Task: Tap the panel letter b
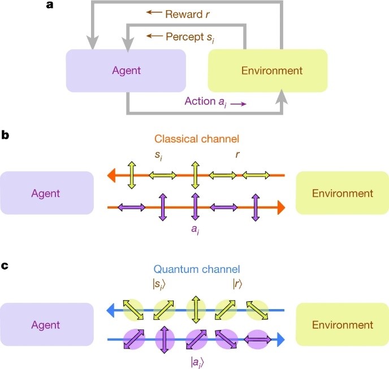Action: point(5,137)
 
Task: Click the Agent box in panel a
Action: point(126,71)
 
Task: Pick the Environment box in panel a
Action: point(267,71)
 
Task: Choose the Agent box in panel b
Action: point(47,193)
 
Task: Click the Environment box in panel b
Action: point(343,193)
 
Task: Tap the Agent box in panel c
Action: point(47,325)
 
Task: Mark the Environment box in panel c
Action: point(343,325)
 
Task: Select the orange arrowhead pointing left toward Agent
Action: point(113,177)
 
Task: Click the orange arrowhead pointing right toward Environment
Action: point(280,208)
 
